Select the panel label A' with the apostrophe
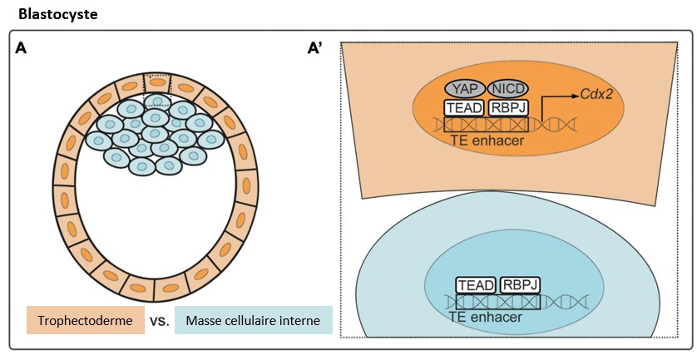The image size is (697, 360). (315, 49)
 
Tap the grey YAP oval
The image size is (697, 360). (469, 89)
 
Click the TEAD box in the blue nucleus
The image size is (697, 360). (475, 284)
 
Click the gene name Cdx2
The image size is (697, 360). (597, 95)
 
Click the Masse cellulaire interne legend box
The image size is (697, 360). (254, 321)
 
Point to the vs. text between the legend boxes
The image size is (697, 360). (160, 321)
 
